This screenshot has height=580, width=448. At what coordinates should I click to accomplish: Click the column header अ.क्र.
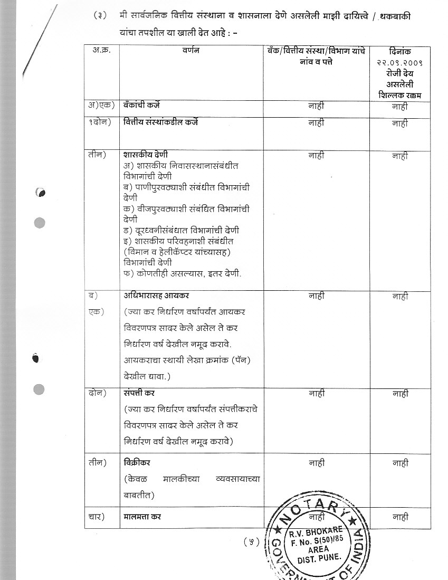click(101, 51)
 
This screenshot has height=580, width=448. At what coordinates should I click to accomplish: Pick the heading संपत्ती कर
click(139, 393)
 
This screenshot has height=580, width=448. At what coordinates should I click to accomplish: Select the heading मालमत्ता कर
click(142, 517)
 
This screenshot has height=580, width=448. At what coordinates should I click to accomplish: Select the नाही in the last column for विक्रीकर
click(400, 463)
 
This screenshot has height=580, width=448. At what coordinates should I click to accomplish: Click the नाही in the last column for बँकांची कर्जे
click(400, 106)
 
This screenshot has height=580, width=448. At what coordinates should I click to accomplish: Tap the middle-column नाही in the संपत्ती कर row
click(317, 393)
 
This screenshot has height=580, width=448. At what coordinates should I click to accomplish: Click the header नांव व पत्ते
click(317, 61)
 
